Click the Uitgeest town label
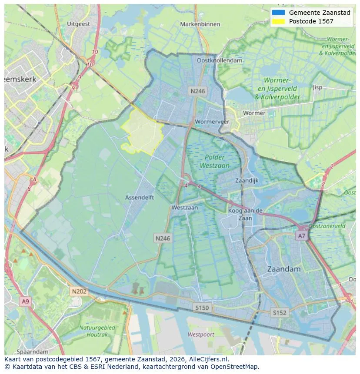point(78,24)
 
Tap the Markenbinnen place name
point(200,24)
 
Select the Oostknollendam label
point(220,61)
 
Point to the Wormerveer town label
point(212,122)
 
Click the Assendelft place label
point(140,197)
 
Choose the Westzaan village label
point(184,208)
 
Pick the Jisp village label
point(317,87)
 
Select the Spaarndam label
point(32,351)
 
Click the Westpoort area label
point(201,334)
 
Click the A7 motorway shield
point(301,235)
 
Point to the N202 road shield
point(79,291)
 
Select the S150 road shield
point(202,308)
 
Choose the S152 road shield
point(280,312)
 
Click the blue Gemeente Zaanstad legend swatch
point(278,13)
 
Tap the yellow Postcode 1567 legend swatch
point(278,21)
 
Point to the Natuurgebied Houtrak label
point(97,331)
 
